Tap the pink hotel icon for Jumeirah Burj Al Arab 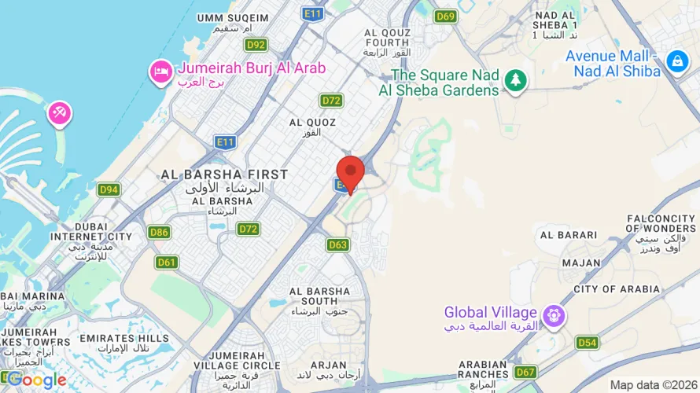[160, 72]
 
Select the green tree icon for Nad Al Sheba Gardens [515, 79]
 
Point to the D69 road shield [446, 16]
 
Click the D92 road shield [256, 45]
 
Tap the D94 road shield [109, 189]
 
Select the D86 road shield [159, 232]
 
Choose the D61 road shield [166, 263]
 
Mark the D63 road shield [337, 245]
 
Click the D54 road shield [587, 342]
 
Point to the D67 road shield [525, 371]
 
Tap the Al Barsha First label [224, 174]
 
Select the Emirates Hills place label [124, 339]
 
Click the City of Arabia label [617, 289]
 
